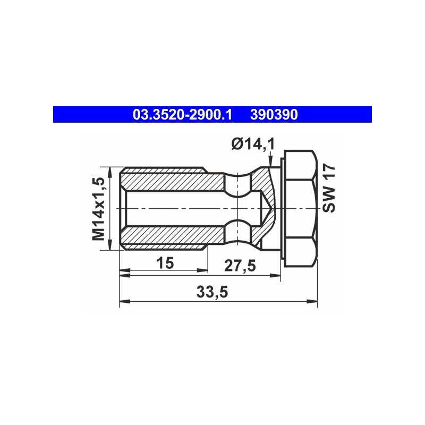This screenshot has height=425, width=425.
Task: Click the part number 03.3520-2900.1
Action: [182, 115]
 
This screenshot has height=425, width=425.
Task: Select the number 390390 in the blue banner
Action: [274, 115]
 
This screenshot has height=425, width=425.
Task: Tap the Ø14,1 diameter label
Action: [253, 143]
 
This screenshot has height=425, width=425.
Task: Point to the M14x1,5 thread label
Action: [98, 209]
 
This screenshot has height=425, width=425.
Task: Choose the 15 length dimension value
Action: [165, 263]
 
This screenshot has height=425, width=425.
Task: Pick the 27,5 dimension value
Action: [240, 266]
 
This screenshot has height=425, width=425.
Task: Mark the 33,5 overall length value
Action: [212, 292]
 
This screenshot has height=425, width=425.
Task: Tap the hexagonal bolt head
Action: [300, 208]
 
